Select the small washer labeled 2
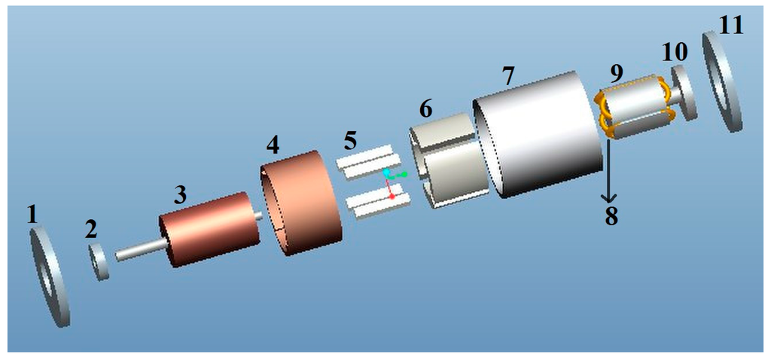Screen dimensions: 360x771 (99, 262)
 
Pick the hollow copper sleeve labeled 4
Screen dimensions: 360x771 (301, 203)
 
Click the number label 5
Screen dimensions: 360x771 (349, 140)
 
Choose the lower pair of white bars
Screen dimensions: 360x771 (376, 204)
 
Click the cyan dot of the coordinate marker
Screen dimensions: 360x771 (386, 172)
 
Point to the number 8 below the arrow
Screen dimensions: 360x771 (611, 216)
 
